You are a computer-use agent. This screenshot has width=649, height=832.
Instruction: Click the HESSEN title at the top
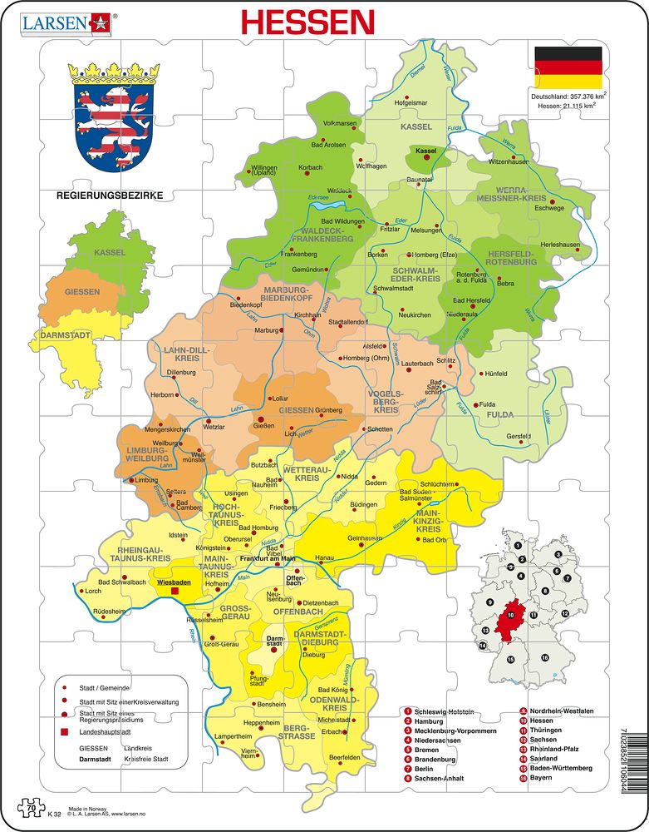(x=307, y=22)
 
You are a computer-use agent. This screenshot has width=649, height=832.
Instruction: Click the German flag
(x=568, y=67)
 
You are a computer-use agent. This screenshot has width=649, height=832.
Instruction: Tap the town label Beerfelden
(x=345, y=757)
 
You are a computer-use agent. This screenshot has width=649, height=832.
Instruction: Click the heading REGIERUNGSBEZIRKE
(x=108, y=196)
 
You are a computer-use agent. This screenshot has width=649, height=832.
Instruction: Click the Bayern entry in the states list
(x=541, y=778)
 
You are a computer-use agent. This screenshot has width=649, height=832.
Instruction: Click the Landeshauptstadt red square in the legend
(x=63, y=732)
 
